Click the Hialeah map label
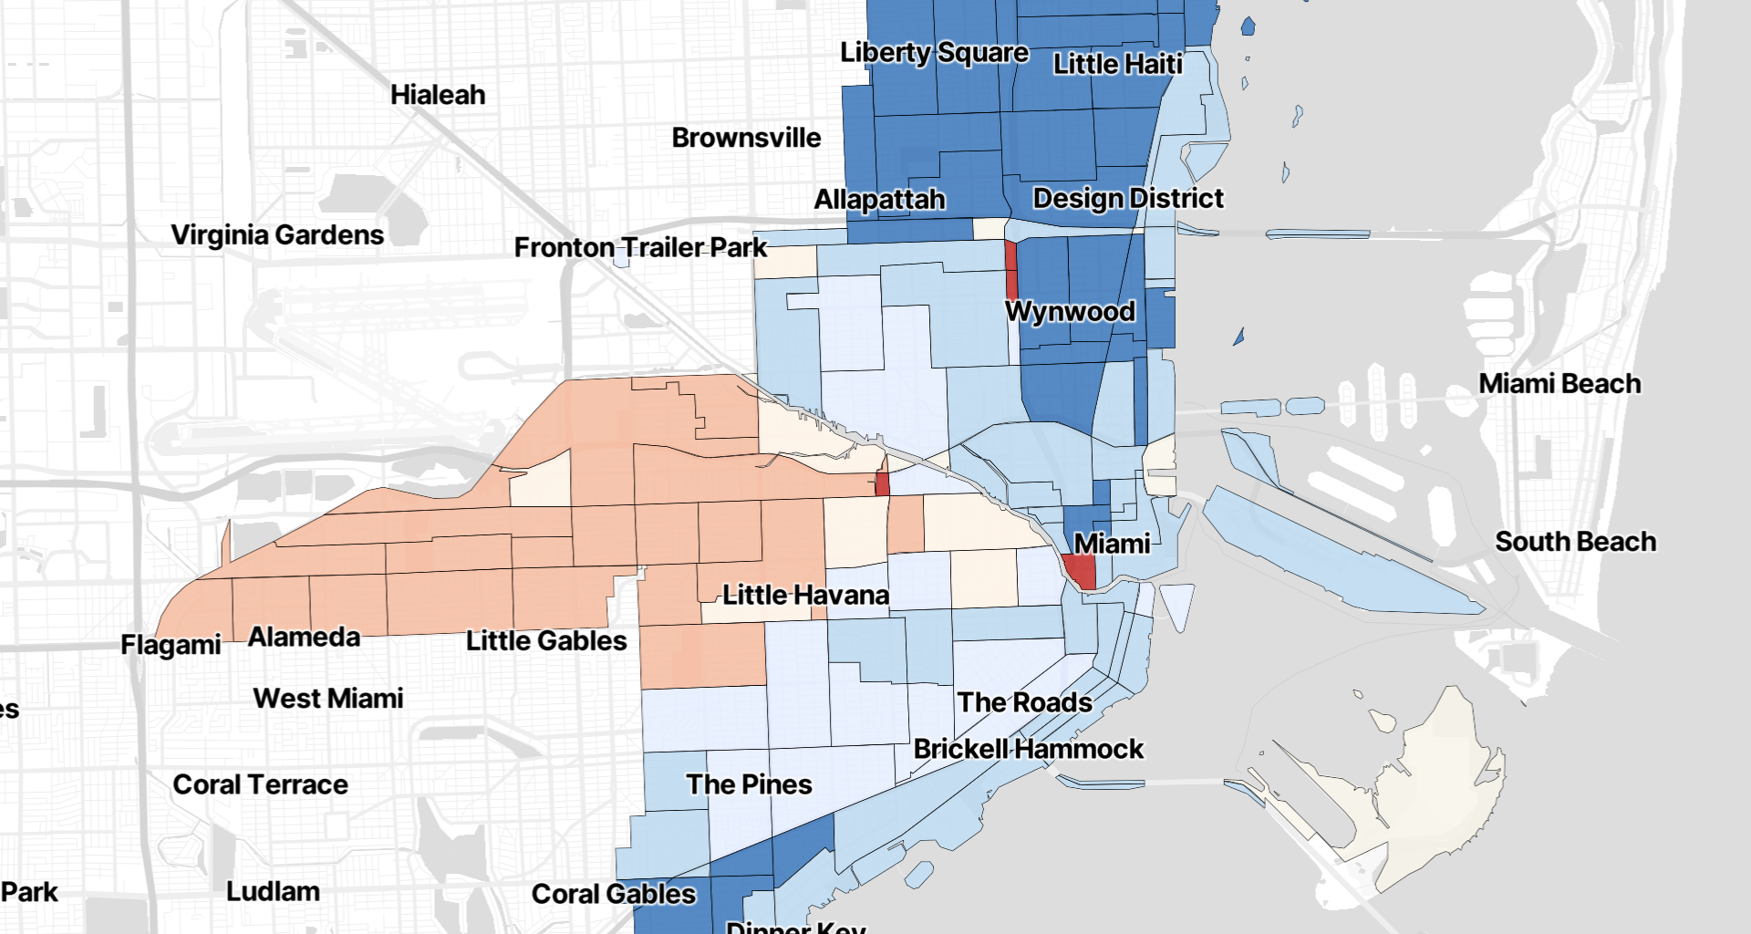click(x=438, y=95)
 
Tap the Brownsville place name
click(x=746, y=138)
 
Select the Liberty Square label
click(x=934, y=53)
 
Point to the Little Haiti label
click(x=1117, y=64)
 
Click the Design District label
click(x=1128, y=198)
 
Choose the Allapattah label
click(x=879, y=200)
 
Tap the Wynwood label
click(x=1070, y=311)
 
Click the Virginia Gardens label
click(x=277, y=235)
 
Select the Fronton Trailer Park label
click(x=640, y=247)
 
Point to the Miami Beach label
click(x=1559, y=384)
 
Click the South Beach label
click(x=1575, y=542)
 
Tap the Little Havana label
click(x=805, y=596)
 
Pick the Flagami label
click(x=171, y=645)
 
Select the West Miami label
click(x=328, y=699)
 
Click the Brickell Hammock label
click(x=1028, y=749)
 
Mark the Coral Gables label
click(x=614, y=894)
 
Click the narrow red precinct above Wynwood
click(x=1010, y=269)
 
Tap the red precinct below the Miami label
click(x=1082, y=572)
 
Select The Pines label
click(x=749, y=784)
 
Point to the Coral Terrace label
click(x=260, y=784)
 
